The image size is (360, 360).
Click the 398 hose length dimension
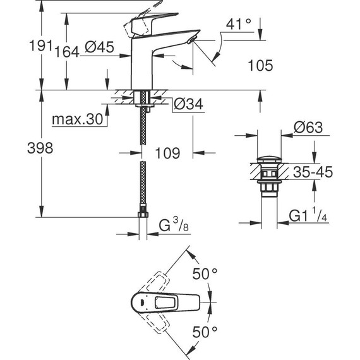pyautogui.click(x=20, y=149)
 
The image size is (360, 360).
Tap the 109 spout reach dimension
pyautogui.click(x=167, y=152)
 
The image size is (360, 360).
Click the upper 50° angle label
pyautogui.click(x=205, y=275)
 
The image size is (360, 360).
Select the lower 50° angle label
pyautogui.click(x=205, y=330)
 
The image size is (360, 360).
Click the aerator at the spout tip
pyautogui.click(x=191, y=41)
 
